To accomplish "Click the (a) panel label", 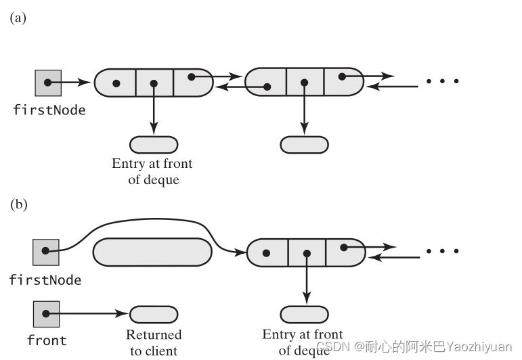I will [18, 18].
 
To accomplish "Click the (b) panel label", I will [18, 204].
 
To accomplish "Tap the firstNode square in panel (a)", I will [48, 83].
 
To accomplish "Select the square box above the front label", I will [46, 314].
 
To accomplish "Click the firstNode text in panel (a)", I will [49, 110].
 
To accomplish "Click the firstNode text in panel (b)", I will [45, 279].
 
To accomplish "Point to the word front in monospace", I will [45, 340].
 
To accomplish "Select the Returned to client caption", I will [154, 342].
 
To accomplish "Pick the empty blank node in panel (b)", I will [152, 252].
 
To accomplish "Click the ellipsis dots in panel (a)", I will [443, 81].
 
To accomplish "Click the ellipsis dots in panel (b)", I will [443, 251].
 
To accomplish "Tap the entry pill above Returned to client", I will [154, 315].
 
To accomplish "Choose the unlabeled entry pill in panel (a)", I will [304, 144].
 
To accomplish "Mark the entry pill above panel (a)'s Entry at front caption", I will [154, 144].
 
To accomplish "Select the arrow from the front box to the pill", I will [88, 315].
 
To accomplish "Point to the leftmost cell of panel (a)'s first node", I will [116, 83].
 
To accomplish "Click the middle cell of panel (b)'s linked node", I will [307, 252].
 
